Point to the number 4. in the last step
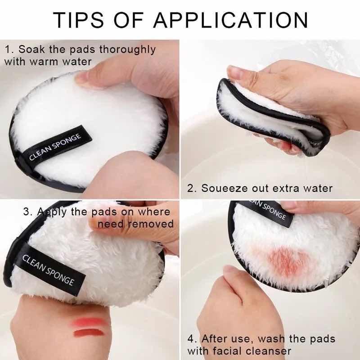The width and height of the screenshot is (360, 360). [192, 338]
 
